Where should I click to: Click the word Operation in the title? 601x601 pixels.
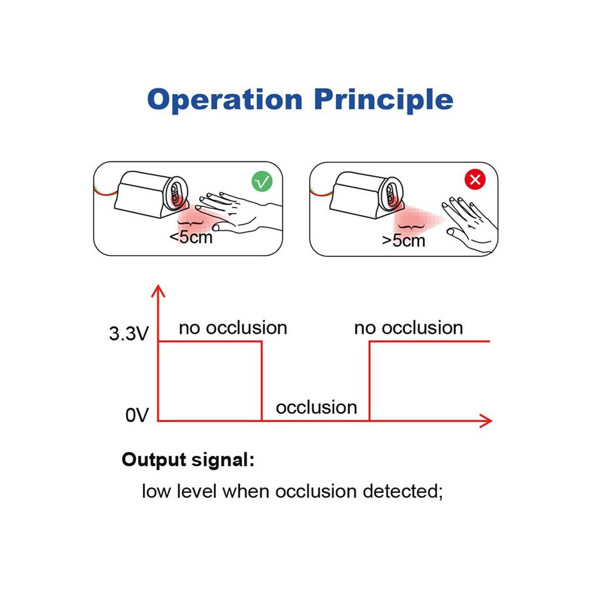[x=225, y=100]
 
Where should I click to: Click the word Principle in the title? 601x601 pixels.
[x=384, y=100]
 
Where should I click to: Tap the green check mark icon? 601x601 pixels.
[x=262, y=182]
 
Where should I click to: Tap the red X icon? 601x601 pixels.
[x=475, y=179]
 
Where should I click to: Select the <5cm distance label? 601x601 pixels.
[x=191, y=237]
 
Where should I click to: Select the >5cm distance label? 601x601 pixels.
[x=404, y=241]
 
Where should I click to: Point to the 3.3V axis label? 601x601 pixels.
[x=129, y=333]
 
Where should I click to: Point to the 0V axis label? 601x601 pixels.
[x=137, y=415]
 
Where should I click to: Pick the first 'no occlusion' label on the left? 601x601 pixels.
[x=233, y=328]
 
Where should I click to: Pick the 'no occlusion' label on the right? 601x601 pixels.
[x=409, y=328]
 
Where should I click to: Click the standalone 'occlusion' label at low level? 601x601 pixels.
[x=317, y=407]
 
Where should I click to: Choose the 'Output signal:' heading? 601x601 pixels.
[x=188, y=460]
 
